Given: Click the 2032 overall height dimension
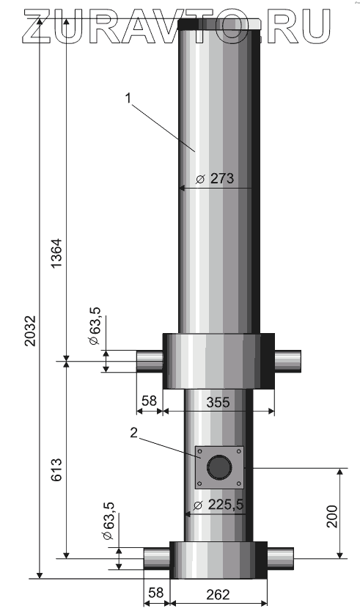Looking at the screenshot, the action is click(30, 330).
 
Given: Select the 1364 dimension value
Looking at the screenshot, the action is click(56, 253).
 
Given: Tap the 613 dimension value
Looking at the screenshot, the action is click(56, 469).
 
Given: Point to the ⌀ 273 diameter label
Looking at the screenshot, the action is click(215, 178).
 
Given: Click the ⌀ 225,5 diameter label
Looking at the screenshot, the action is click(220, 505).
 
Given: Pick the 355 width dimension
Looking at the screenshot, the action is click(218, 402).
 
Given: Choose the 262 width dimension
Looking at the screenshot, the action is click(218, 594).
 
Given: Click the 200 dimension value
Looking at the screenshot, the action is click(332, 516).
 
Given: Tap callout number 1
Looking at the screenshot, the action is click(128, 98).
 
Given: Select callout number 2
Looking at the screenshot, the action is click(134, 434).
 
